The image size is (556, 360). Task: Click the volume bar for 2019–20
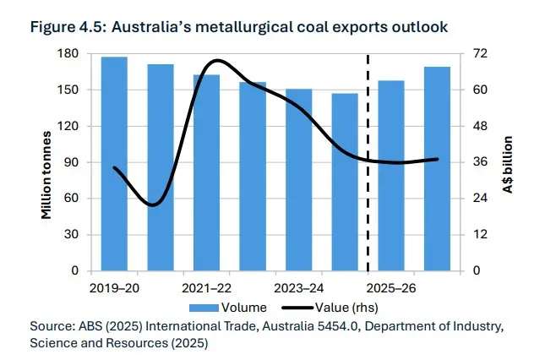tap(114, 164)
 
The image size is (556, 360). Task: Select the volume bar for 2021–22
tap(206, 173)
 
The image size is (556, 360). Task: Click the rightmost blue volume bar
tap(436, 169)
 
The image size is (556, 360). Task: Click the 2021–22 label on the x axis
tap(206, 287)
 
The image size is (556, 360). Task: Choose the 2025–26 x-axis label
tap(390, 287)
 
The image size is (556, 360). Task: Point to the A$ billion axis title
tap(510, 163)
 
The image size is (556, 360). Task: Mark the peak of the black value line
tap(217, 61)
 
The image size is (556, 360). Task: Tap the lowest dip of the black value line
tap(152, 205)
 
